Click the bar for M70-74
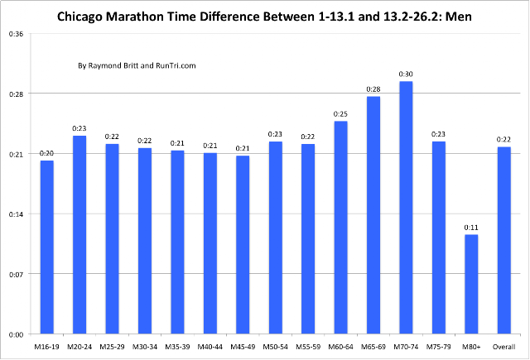406,208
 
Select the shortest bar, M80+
471,284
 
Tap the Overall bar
504,240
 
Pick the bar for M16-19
46,247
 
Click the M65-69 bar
373,215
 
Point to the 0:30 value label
406,74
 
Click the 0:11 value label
471,228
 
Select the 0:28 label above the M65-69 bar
373,89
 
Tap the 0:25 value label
340,114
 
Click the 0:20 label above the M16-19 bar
46,153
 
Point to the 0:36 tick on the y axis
17,34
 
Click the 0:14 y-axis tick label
17,214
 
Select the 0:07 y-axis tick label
17,274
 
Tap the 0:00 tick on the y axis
17,334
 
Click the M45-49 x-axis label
243,347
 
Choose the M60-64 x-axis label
340,347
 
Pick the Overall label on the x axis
504,347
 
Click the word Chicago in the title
79,17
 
